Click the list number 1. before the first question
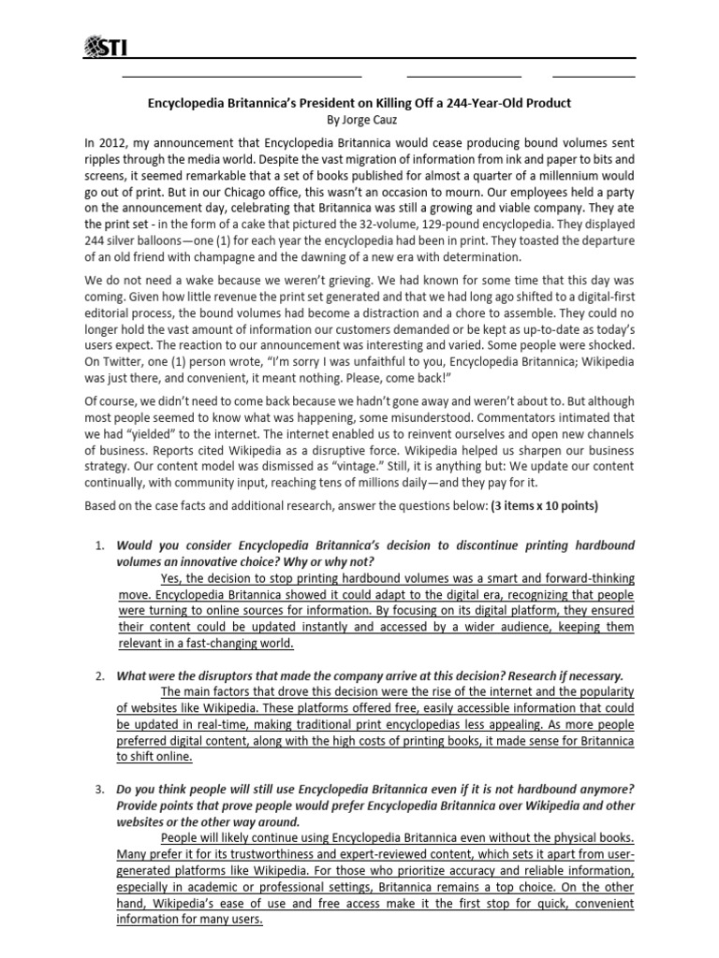point(102,545)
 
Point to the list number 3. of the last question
point(102,791)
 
